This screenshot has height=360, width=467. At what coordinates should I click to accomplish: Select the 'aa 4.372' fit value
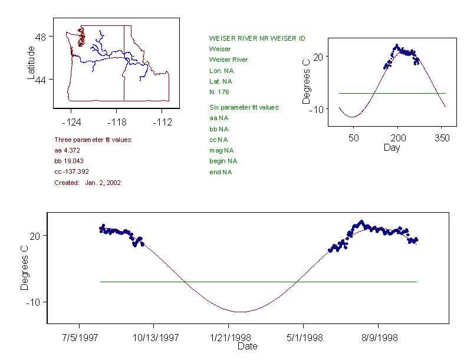tap(67, 151)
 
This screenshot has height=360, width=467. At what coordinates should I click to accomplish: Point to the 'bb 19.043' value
tap(69, 161)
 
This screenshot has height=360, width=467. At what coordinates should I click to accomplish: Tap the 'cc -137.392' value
tap(71, 172)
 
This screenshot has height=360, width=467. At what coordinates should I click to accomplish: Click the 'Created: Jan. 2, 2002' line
tap(87, 183)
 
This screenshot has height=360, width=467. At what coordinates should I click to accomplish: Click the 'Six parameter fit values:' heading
tap(244, 107)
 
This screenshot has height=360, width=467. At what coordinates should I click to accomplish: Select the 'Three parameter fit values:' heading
tap(93, 140)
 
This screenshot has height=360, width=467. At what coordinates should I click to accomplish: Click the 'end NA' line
tap(221, 172)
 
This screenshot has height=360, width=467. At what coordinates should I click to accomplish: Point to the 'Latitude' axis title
tap(31, 62)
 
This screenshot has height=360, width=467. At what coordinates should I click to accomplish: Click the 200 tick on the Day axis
tap(397, 138)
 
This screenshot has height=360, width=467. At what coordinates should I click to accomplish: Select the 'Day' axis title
tap(392, 147)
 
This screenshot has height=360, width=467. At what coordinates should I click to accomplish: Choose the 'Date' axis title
tap(247, 346)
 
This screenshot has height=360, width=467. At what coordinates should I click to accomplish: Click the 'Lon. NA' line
tap(220, 70)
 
